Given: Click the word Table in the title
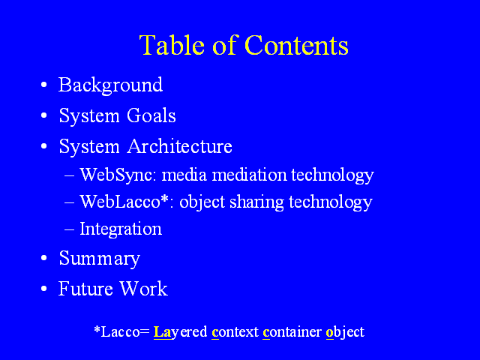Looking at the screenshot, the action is click(x=172, y=45).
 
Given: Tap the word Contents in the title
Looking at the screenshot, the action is click(x=297, y=45).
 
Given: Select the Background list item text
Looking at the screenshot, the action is click(x=110, y=85).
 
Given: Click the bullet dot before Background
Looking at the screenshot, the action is click(x=44, y=85).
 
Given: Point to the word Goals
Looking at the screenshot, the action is click(x=151, y=115).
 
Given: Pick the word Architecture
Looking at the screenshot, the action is click(x=180, y=146).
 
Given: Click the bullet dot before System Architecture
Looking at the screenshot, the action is click(x=44, y=146).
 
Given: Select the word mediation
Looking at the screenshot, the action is click(x=249, y=175).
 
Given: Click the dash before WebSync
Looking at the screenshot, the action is click(x=70, y=176).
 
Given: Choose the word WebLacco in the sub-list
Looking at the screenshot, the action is click(x=120, y=202).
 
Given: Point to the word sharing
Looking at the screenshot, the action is click(x=256, y=202).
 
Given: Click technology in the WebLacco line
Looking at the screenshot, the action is click(x=331, y=202).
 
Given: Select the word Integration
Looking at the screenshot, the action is click(x=121, y=229).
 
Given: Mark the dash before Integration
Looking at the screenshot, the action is click(x=70, y=229).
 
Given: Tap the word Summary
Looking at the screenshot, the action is click(x=100, y=259).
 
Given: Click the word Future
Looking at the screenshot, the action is click(x=85, y=288).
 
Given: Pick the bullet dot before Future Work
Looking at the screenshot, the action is click(x=44, y=288).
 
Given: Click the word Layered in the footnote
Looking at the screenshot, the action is click(x=180, y=332).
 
